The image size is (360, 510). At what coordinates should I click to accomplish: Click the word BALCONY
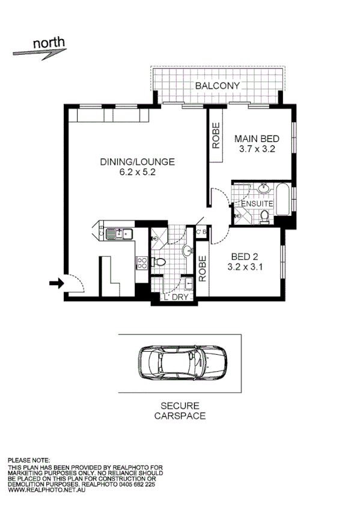pyautogui.click(x=217, y=85)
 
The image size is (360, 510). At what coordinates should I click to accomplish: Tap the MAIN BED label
pyautogui.click(x=256, y=138)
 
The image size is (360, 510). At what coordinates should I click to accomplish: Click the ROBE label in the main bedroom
pyautogui.click(x=215, y=136)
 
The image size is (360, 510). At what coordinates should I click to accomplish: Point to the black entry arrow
pyautogui.click(x=55, y=283)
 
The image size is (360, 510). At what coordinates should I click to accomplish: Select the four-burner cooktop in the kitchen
pyautogui.click(x=143, y=262)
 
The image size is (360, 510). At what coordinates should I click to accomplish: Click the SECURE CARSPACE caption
pyautogui.click(x=180, y=411)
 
